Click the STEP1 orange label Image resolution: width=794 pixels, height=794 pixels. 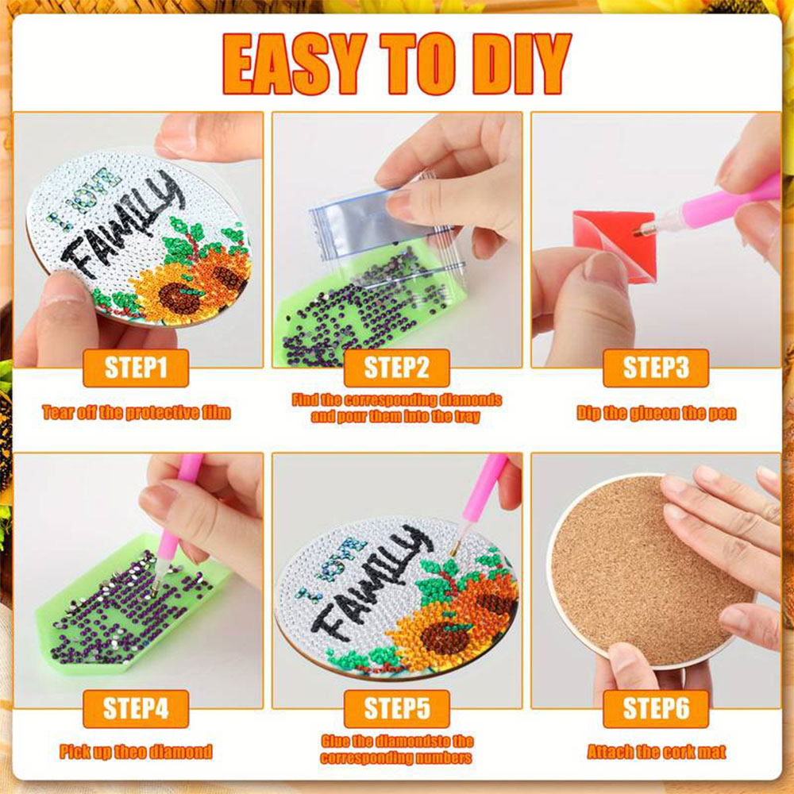(136, 368)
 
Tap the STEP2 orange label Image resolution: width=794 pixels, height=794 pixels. (396, 368)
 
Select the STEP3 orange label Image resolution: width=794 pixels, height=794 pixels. (656, 368)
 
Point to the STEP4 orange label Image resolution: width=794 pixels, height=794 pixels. (136, 708)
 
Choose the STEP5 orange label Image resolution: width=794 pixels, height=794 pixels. (396, 708)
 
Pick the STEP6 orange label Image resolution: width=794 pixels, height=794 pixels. (656, 708)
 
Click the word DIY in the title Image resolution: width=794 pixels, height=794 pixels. (522, 64)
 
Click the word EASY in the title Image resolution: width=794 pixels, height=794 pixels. (295, 64)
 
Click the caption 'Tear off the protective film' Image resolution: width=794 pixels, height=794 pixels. (137, 413)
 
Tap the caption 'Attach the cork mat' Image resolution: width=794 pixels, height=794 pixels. (657, 751)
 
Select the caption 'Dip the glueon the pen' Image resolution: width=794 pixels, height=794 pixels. (657, 413)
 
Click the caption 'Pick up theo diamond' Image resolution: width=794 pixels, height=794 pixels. (136, 751)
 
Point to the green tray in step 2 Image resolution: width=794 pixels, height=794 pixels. (354, 309)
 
